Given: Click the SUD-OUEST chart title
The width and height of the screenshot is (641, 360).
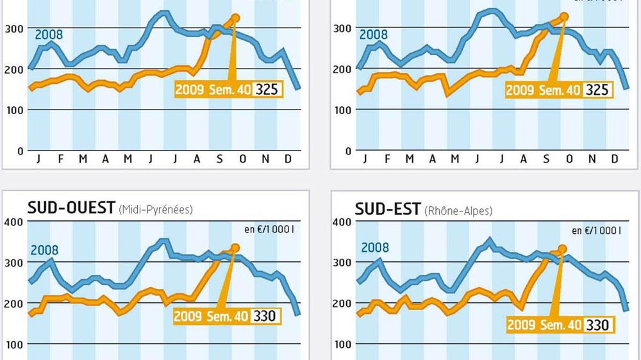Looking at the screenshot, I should (71, 208).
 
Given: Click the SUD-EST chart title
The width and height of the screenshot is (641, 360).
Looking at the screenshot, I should (388, 208).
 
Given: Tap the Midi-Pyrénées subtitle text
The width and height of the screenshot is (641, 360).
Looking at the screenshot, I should (156, 209).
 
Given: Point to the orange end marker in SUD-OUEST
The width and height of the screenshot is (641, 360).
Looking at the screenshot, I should (235, 247).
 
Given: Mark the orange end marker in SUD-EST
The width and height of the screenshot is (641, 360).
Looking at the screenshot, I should (563, 249).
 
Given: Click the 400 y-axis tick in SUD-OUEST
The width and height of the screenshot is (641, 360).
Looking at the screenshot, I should (13, 222).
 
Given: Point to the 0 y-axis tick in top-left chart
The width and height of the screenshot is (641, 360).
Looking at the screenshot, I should (19, 151).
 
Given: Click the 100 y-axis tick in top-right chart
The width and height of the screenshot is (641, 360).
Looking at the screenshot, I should (343, 110).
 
